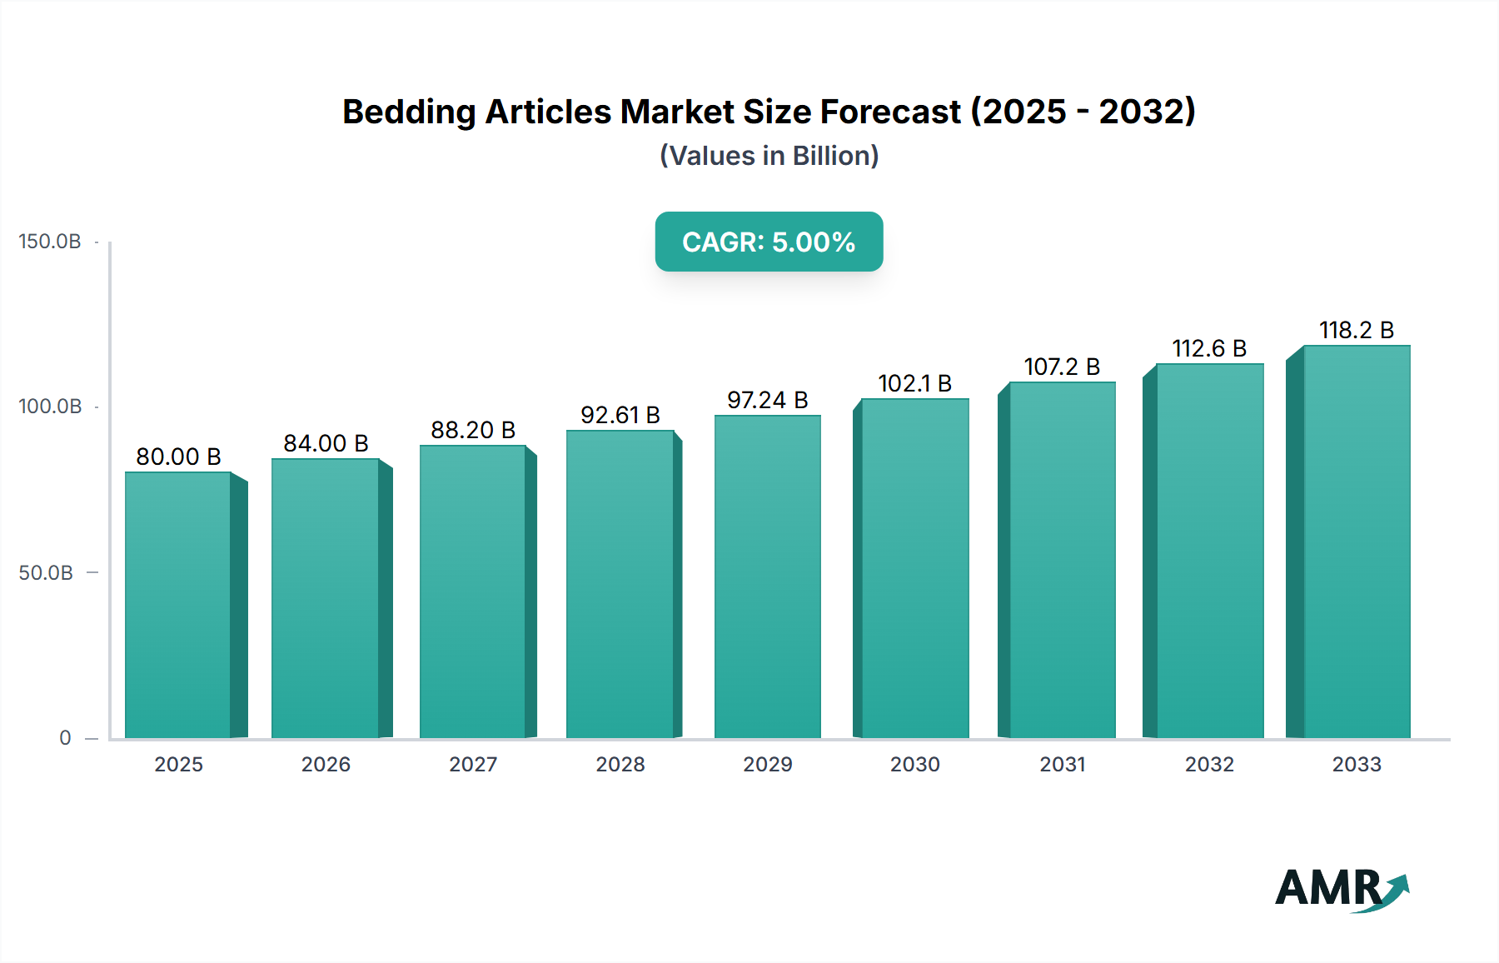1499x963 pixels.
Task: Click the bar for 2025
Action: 178,605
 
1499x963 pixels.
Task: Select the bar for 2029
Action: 767,576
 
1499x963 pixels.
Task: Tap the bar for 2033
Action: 1356,541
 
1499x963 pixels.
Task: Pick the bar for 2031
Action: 1062,560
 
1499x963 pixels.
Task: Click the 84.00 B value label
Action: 326,443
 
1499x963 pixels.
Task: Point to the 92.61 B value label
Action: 620,415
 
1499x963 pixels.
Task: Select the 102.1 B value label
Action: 914,383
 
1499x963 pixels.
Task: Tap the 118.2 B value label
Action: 1356,330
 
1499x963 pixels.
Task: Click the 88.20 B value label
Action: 473,430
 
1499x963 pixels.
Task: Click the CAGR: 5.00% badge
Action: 769,242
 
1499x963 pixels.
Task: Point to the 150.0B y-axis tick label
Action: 50,242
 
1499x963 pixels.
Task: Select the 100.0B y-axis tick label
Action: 50,407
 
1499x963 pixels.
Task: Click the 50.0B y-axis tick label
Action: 46,573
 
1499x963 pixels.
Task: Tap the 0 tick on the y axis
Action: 65,738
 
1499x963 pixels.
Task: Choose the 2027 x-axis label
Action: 473,765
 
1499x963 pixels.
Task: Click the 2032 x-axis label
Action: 1209,765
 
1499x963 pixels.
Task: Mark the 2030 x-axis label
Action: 914,765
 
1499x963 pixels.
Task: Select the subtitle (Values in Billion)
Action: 769,156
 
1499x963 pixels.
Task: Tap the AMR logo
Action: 1341,888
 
